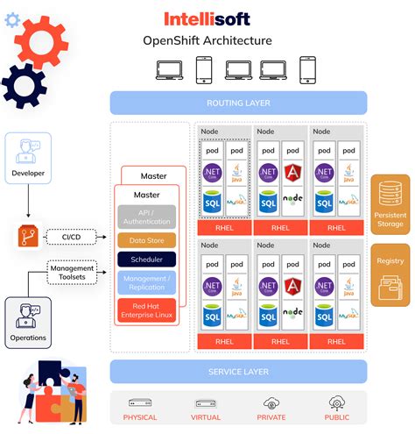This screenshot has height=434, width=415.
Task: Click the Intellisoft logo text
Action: pyautogui.click(x=207, y=18)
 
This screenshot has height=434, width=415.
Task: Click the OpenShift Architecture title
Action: pyautogui.click(x=207, y=40)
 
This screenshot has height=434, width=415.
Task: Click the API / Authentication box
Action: pyautogui.click(x=146, y=216)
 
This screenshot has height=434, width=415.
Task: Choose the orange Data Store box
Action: pyautogui.click(x=146, y=239)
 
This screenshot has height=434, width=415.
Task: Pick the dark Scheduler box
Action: pyautogui.click(x=146, y=260)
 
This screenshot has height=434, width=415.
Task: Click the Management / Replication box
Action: pyautogui.click(x=146, y=282)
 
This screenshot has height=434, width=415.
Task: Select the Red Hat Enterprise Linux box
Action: pyautogui.click(x=146, y=309)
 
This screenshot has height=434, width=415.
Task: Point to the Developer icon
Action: pyautogui.click(x=28, y=152)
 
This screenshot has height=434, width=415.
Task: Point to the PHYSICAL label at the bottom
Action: pyautogui.click(x=140, y=417)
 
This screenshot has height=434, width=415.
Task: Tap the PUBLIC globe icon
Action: pyautogui.click(x=336, y=403)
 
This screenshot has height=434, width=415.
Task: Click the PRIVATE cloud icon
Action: pyautogui.click(x=271, y=403)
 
